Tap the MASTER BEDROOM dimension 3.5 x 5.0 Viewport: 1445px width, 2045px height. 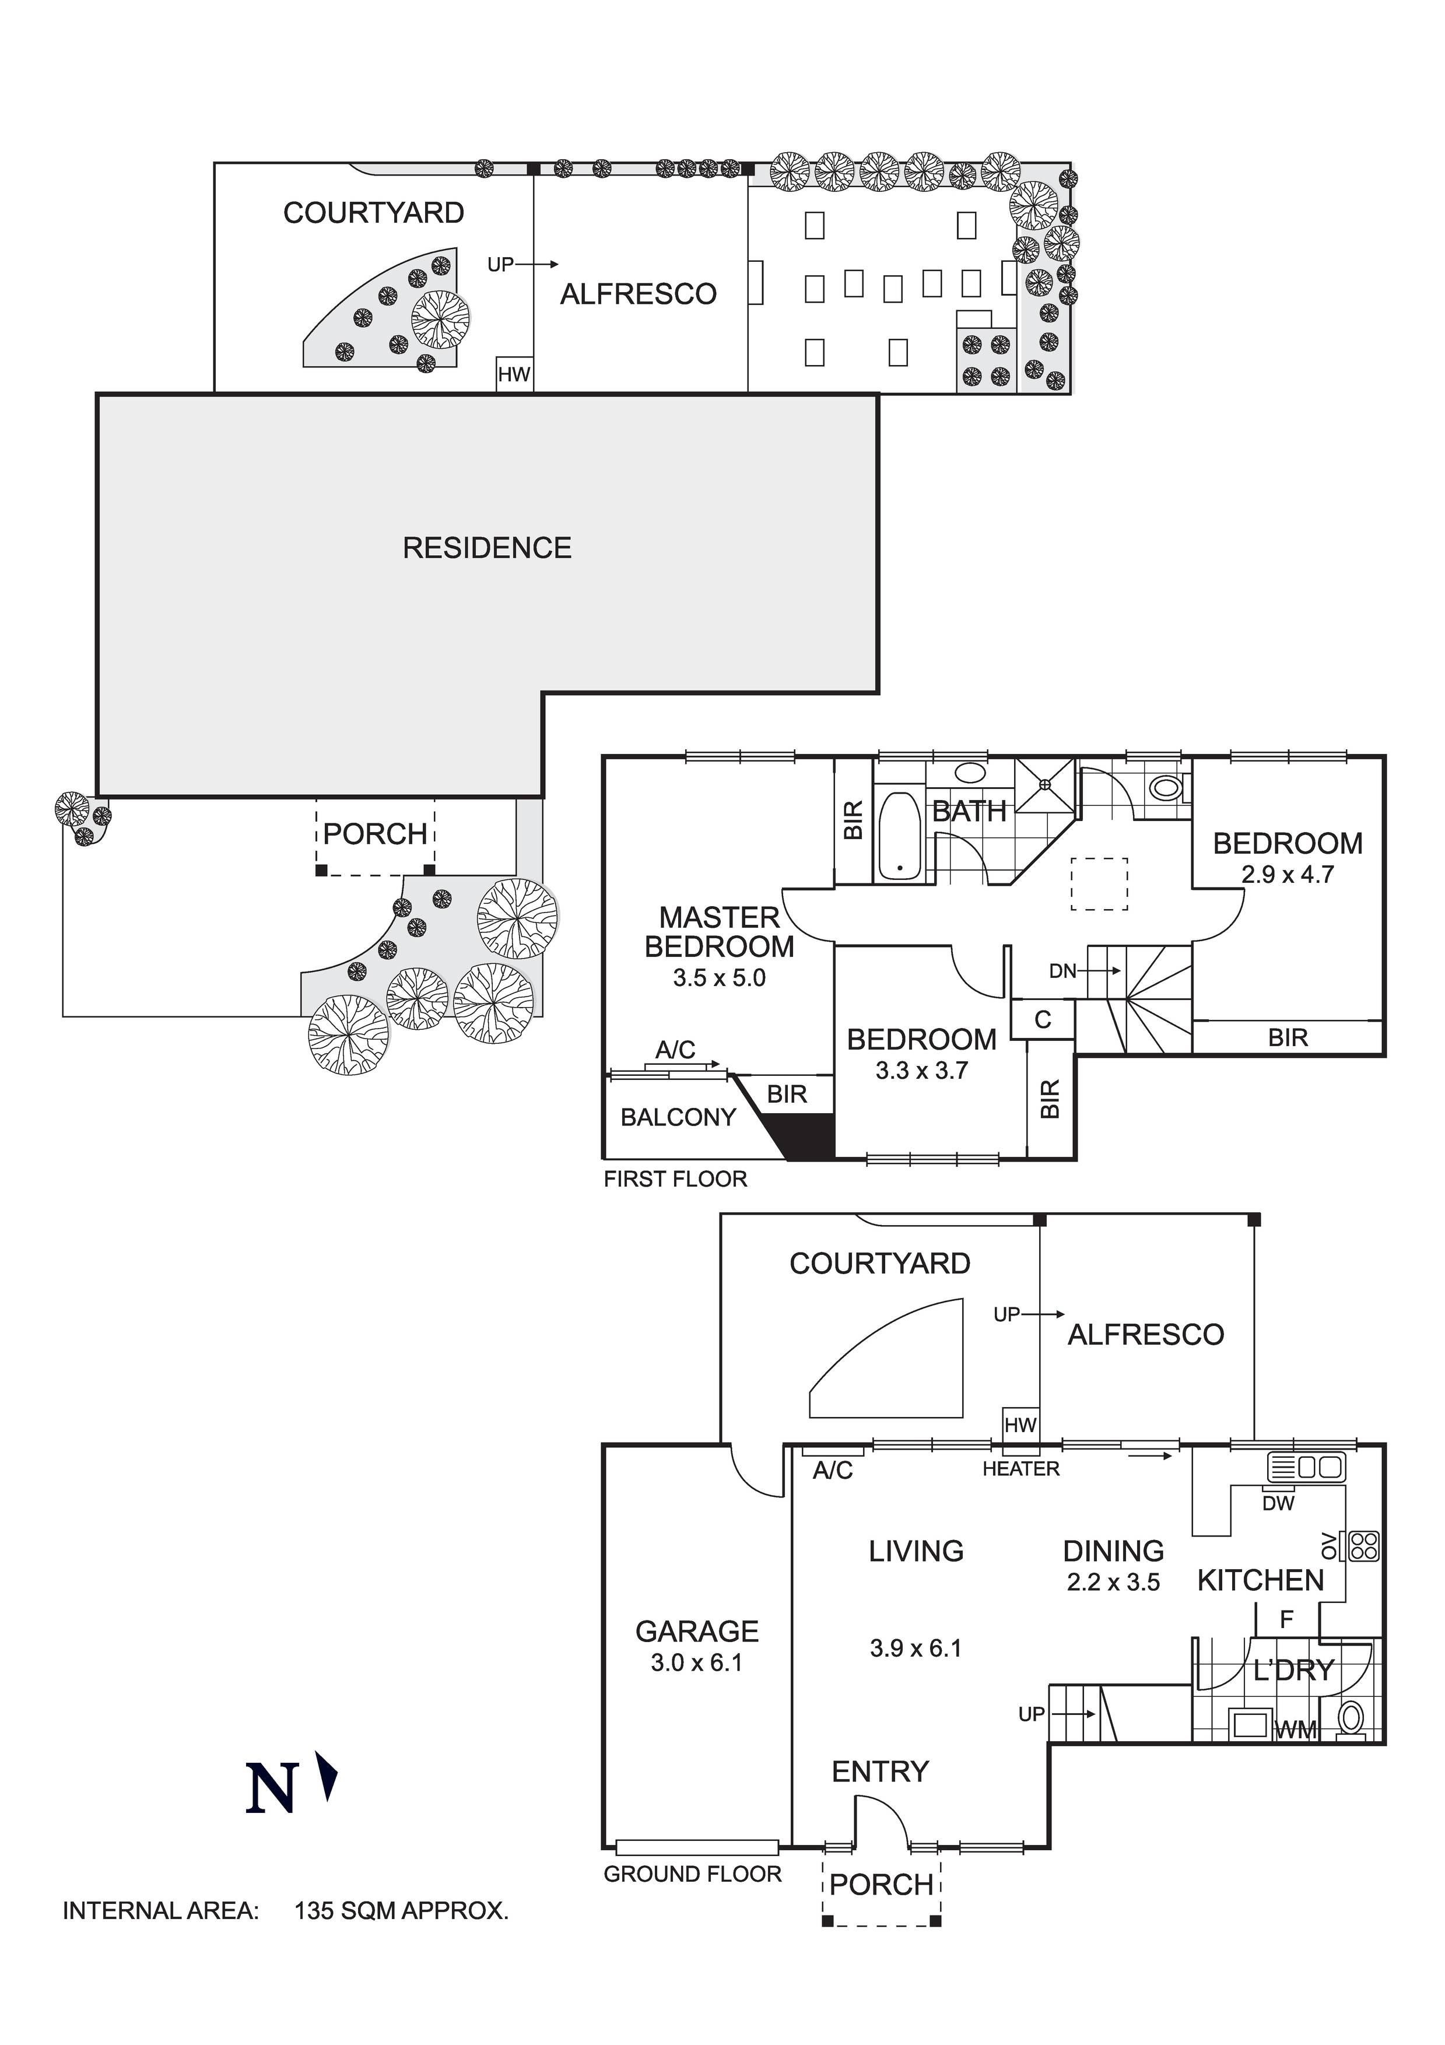click(719, 978)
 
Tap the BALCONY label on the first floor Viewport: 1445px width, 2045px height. click(678, 1117)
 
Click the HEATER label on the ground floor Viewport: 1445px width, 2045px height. click(1021, 1469)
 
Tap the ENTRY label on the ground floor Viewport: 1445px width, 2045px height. click(880, 1772)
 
